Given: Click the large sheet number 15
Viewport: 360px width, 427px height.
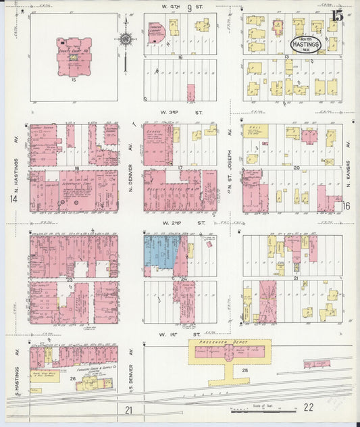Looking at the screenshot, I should (x=336, y=14).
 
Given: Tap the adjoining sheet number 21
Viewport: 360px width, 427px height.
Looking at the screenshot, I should (x=129, y=409).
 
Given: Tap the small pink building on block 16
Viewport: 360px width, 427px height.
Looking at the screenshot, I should (x=190, y=93).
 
